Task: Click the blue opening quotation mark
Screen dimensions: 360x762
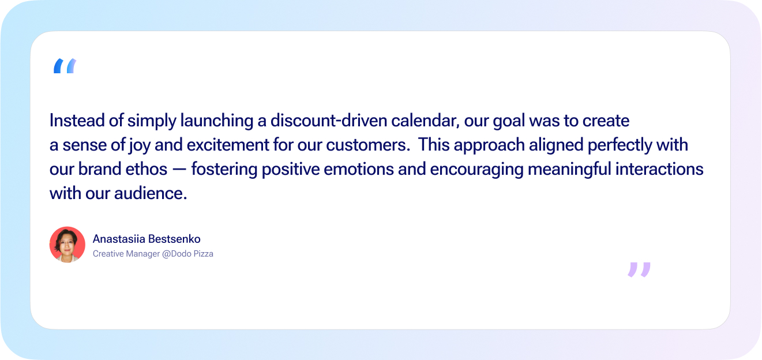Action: [x=65, y=66]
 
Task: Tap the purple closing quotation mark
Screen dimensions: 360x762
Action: [x=639, y=269]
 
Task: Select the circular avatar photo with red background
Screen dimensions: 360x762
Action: [x=67, y=245]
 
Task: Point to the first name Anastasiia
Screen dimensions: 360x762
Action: [x=118, y=239]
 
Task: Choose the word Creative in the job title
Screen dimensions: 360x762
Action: [x=108, y=254]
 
